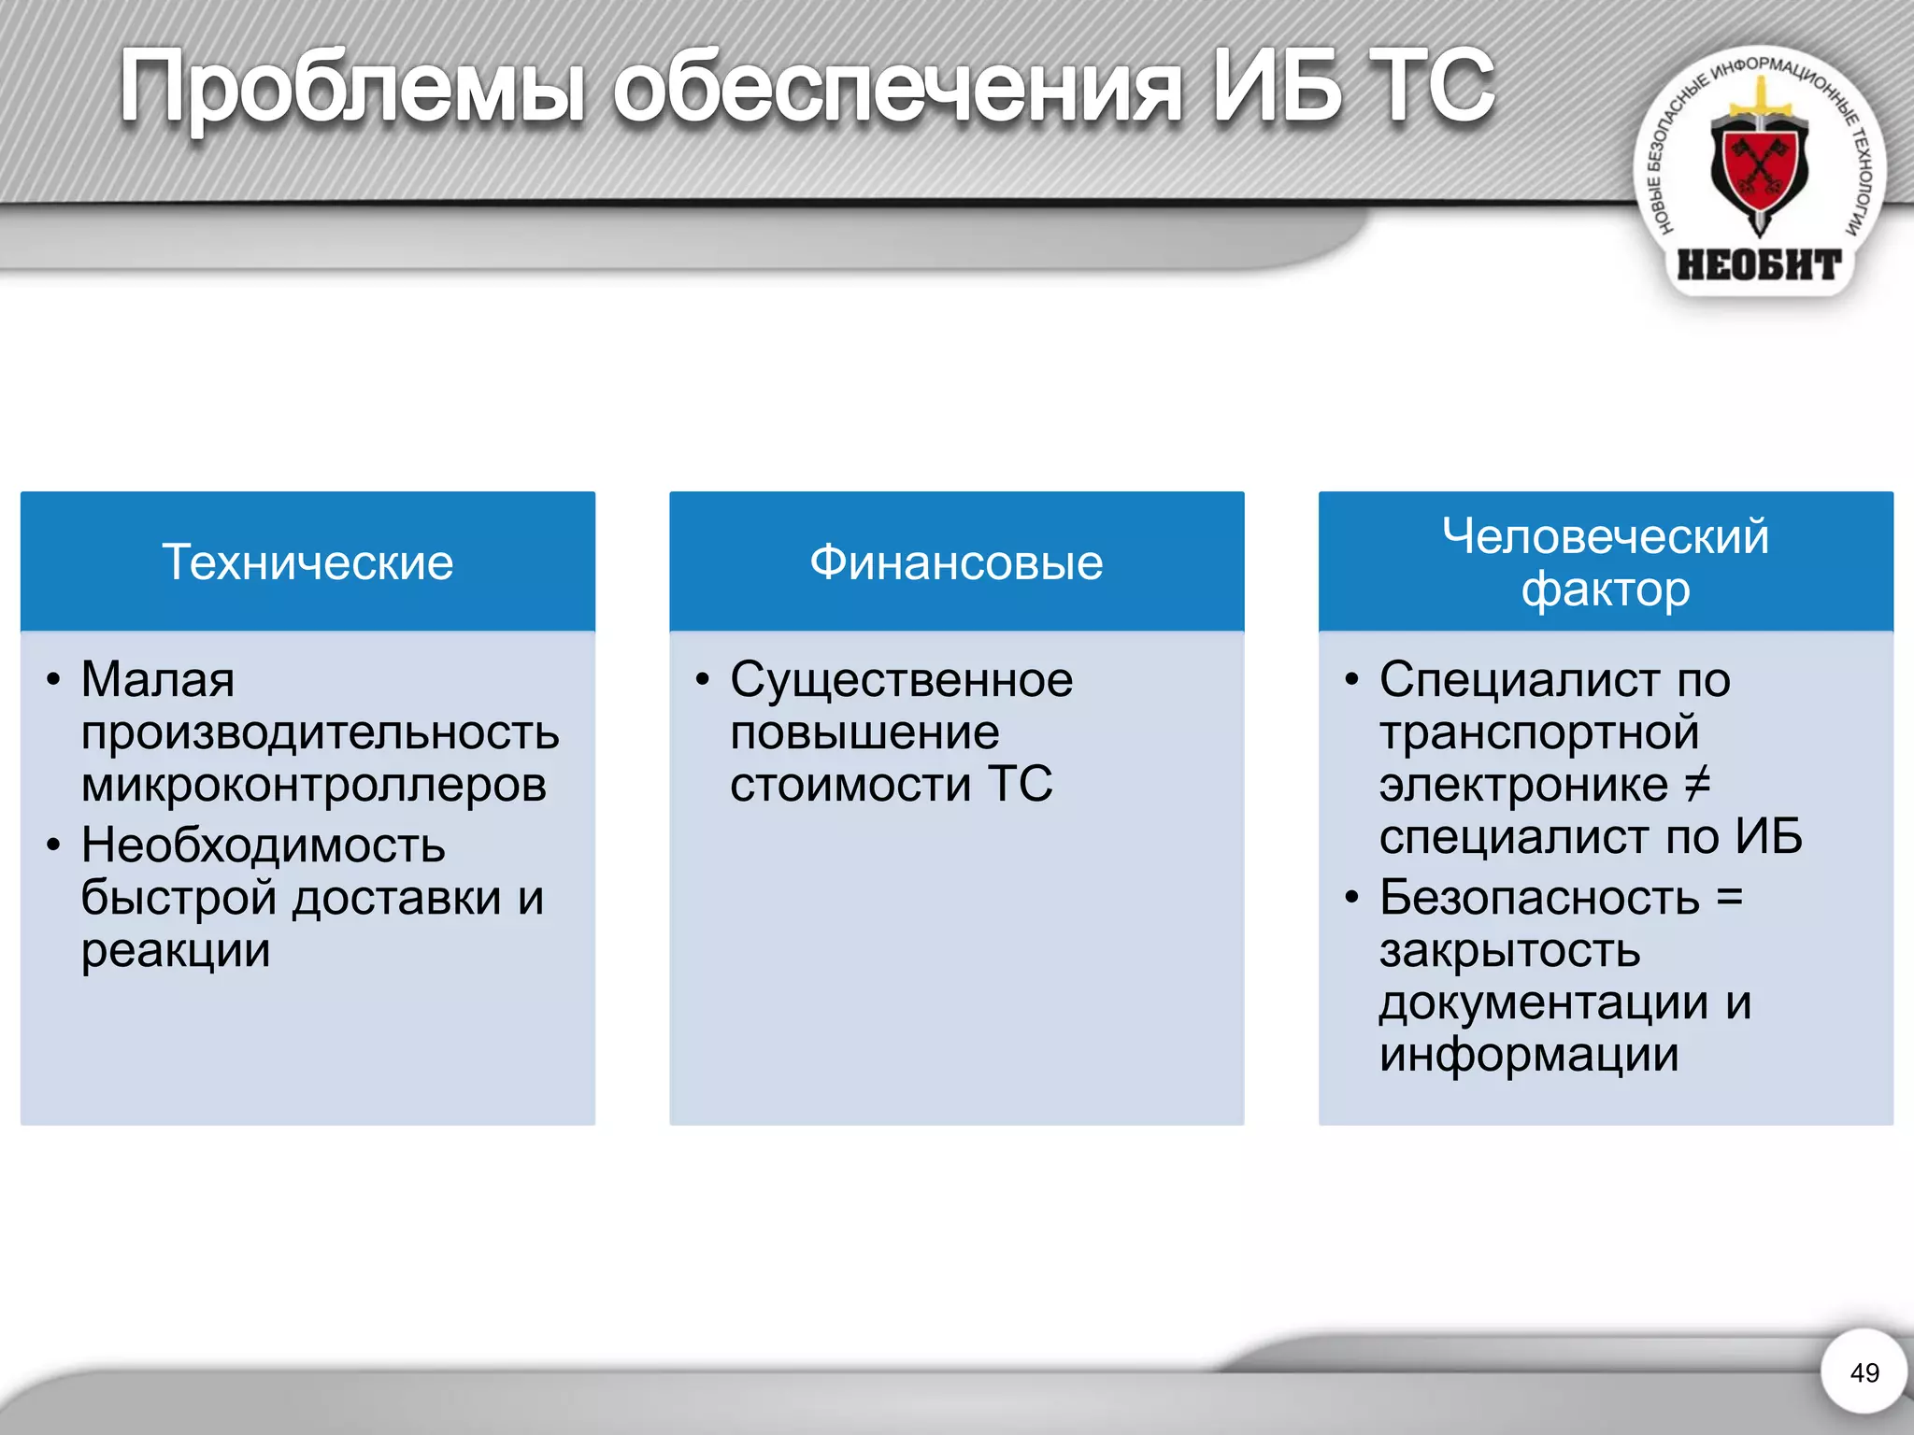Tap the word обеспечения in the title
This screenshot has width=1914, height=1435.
[x=897, y=89]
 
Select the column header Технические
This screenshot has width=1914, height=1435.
[x=307, y=562]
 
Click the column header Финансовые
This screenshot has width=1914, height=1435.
[x=956, y=562]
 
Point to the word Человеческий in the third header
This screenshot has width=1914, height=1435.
[x=1605, y=536]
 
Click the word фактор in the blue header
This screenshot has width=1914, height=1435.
[x=1605, y=590]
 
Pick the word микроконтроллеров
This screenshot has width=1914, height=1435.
[x=313, y=785]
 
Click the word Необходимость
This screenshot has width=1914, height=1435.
[x=263, y=845]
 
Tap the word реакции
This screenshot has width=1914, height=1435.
[x=176, y=951]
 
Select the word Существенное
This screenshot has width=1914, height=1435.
[x=901, y=680]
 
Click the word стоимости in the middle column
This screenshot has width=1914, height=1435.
[x=850, y=785]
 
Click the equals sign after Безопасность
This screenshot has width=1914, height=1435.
[x=1730, y=898]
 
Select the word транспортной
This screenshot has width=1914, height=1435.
[x=1538, y=732]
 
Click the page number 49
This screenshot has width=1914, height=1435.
[x=1864, y=1372]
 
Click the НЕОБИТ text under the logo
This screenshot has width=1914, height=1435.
[x=1758, y=265]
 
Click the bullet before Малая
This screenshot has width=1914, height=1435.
[x=53, y=680]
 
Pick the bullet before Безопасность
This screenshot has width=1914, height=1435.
[x=1351, y=899]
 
